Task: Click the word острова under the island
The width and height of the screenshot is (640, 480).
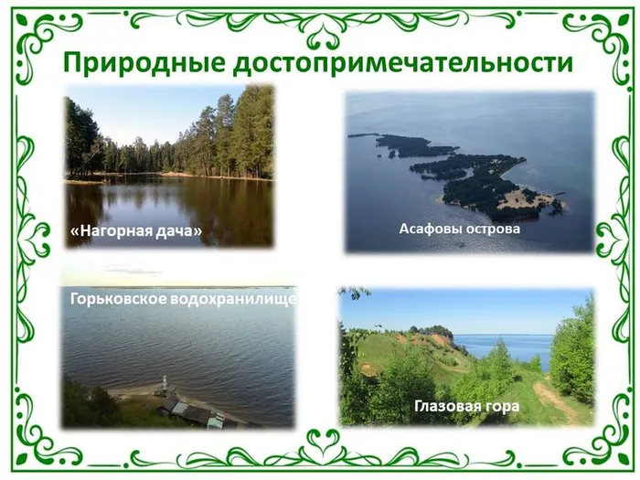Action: click(x=490, y=229)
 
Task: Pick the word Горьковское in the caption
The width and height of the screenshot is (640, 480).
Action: click(x=124, y=299)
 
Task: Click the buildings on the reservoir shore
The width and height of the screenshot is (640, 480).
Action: click(x=192, y=411)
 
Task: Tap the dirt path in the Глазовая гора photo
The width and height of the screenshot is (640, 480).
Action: click(x=554, y=401)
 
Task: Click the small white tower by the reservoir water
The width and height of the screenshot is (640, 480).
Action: click(x=164, y=382)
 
